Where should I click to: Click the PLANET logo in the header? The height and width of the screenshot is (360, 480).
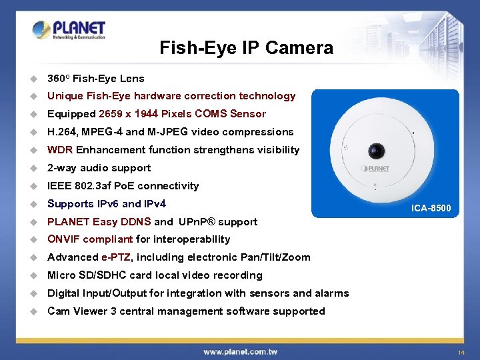point(69,30)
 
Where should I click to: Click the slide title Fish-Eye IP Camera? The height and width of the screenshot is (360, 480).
point(246,48)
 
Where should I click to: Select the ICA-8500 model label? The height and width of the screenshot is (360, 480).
point(431,209)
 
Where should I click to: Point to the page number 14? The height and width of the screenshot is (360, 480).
point(461,351)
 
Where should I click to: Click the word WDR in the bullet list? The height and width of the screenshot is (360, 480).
point(60,150)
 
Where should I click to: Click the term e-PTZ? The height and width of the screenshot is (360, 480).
point(116,257)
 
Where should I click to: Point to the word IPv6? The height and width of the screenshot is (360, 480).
point(106,204)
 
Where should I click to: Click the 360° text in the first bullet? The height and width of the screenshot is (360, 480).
point(58,78)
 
